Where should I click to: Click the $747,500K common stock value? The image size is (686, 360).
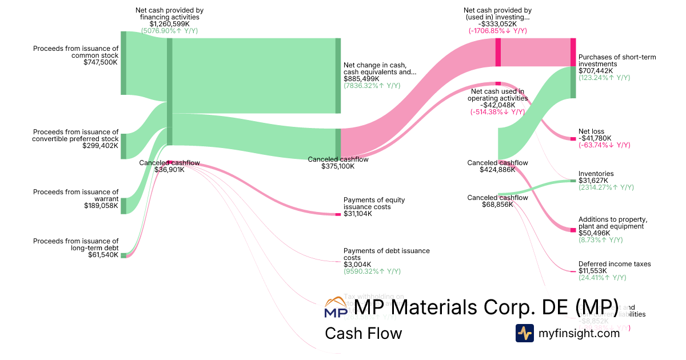tap(101, 63)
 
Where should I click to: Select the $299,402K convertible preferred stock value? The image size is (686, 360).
tap(101, 146)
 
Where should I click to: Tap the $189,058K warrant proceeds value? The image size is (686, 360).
tap(101, 206)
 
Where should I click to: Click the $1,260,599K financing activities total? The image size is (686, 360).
tap(169, 24)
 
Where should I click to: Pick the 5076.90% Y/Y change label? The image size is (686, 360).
tap(169, 31)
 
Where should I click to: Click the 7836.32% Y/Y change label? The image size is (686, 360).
tap(372, 86)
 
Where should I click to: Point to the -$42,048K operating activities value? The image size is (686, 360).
tap(497, 105)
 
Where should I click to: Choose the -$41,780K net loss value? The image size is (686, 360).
tap(595, 138)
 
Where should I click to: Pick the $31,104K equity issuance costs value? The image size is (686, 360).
tap(358, 214)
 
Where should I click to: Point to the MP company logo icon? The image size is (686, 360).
tap(335, 307)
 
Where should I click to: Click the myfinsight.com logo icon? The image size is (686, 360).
tap(525, 333)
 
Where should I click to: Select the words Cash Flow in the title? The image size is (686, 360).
tap(363, 333)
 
